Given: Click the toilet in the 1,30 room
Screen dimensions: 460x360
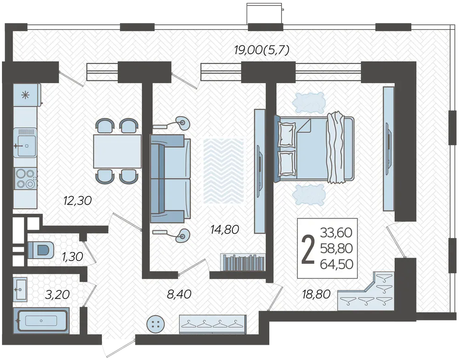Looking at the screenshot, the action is [41, 250].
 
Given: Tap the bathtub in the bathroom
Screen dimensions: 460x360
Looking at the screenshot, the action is [41, 320].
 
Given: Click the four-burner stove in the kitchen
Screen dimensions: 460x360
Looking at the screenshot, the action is [25, 179].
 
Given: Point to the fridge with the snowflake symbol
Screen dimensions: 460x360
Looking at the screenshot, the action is [27, 95].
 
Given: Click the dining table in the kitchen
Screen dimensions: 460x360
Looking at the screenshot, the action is [118, 151].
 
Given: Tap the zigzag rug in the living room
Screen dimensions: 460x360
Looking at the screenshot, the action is [223, 171].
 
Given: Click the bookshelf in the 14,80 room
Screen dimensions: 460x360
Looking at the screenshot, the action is [243, 262].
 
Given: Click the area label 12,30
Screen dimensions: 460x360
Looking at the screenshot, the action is [78, 200].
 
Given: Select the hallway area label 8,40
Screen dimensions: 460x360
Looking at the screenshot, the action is [179, 294].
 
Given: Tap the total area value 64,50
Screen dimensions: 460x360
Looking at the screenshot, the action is [337, 264].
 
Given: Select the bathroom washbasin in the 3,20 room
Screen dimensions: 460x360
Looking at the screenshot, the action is [20, 290].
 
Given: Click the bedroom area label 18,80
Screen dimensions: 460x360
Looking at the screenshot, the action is [317, 294].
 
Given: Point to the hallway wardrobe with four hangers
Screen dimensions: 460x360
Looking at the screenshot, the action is [213, 324].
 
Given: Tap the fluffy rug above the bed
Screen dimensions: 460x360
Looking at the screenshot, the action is [309, 102].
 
